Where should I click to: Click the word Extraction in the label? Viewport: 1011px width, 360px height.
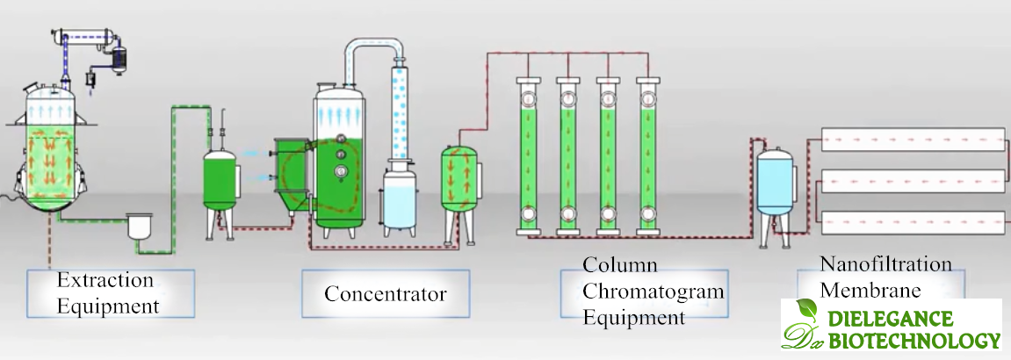click(105, 281)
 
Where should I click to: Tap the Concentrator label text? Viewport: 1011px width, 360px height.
click(385, 293)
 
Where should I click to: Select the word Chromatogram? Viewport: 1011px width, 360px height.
click(654, 292)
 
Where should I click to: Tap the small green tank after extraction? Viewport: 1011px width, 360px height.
click(220, 180)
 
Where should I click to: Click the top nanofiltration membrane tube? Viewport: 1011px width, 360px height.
click(912, 140)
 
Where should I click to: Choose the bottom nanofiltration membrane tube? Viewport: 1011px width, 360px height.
click(912, 224)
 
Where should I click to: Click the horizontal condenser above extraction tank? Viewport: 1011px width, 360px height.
click(84, 38)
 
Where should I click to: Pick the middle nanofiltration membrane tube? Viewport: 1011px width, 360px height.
click(912, 181)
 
